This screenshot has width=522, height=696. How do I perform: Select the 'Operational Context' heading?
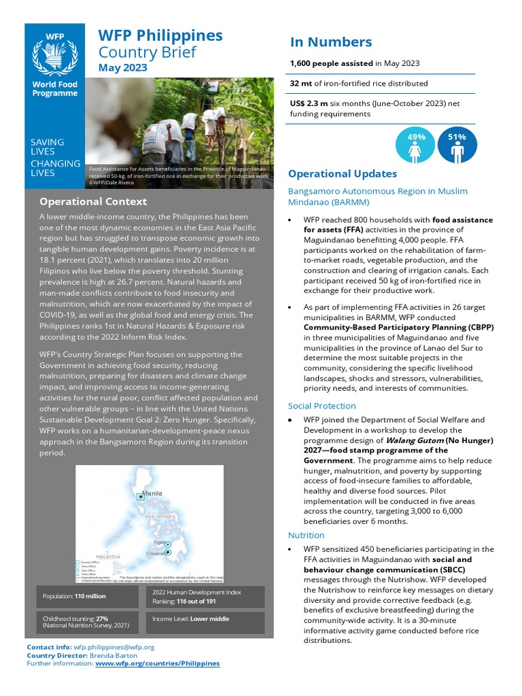coord(92,201)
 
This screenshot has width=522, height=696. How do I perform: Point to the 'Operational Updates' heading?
coord(343,174)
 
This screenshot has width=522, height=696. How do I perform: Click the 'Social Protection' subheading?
coord(321,406)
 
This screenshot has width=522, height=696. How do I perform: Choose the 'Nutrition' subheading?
coord(306,535)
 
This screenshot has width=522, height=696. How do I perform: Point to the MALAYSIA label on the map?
coord(108,555)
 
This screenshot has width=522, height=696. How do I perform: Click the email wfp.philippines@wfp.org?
coord(113,647)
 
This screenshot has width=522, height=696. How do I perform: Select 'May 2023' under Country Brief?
coord(122,68)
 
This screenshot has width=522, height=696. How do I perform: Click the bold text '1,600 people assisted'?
coord(331,63)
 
